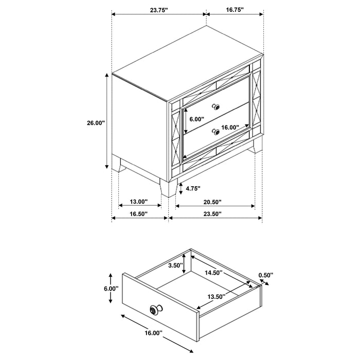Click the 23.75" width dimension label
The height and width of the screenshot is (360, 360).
point(157,9)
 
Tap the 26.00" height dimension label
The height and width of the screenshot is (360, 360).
point(96,123)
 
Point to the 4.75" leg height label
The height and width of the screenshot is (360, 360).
point(193,188)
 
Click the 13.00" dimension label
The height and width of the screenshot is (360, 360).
point(139,201)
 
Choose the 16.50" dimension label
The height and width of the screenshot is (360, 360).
point(139,213)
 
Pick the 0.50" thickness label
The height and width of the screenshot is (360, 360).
point(266,275)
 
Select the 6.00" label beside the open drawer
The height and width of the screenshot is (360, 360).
point(111,289)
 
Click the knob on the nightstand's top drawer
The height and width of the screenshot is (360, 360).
point(216,107)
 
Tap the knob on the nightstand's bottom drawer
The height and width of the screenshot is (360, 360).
point(216,132)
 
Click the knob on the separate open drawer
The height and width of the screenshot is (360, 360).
point(154,310)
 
